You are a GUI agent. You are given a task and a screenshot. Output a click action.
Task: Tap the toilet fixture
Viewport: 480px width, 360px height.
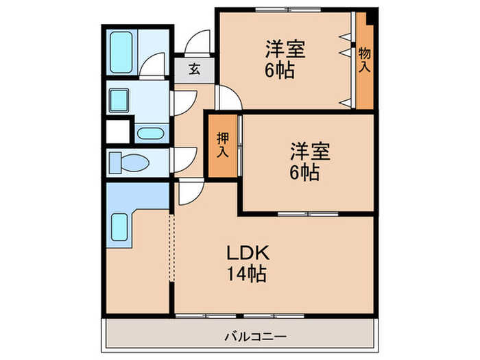click(x=126, y=163)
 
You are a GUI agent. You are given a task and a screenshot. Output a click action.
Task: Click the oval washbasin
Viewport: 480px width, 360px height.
click(x=149, y=133)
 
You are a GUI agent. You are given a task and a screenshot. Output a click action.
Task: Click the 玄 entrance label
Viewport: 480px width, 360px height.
click(x=194, y=69)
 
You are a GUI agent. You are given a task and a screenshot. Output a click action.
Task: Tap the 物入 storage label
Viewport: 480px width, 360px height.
click(x=365, y=59)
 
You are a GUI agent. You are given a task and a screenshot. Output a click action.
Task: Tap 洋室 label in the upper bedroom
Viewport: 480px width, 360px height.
click(x=285, y=49)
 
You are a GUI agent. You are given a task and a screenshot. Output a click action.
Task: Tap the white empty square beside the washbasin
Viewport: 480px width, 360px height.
click(x=118, y=132)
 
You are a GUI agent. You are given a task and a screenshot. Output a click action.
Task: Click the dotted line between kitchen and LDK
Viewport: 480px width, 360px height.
click(x=172, y=247)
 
